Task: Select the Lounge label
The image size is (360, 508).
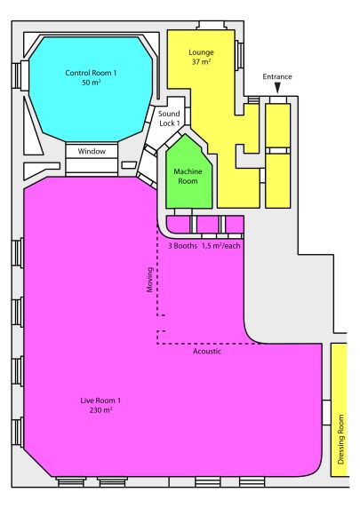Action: pyautogui.click(x=202, y=52)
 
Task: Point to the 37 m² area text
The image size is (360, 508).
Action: pyautogui.click(x=202, y=62)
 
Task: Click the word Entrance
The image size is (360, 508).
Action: pyautogui.click(x=277, y=77)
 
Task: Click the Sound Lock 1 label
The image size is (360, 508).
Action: pyautogui.click(x=169, y=119)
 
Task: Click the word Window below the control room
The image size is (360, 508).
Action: pyautogui.click(x=92, y=152)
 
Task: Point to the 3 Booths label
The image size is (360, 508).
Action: pyautogui.click(x=182, y=245)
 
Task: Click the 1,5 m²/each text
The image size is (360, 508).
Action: pyautogui.click(x=222, y=245)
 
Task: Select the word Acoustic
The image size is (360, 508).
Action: pyautogui.click(x=207, y=352)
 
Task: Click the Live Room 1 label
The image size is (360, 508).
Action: pyautogui.click(x=100, y=401)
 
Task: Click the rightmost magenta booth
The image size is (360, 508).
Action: pyautogui.click(x=235, y=223)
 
